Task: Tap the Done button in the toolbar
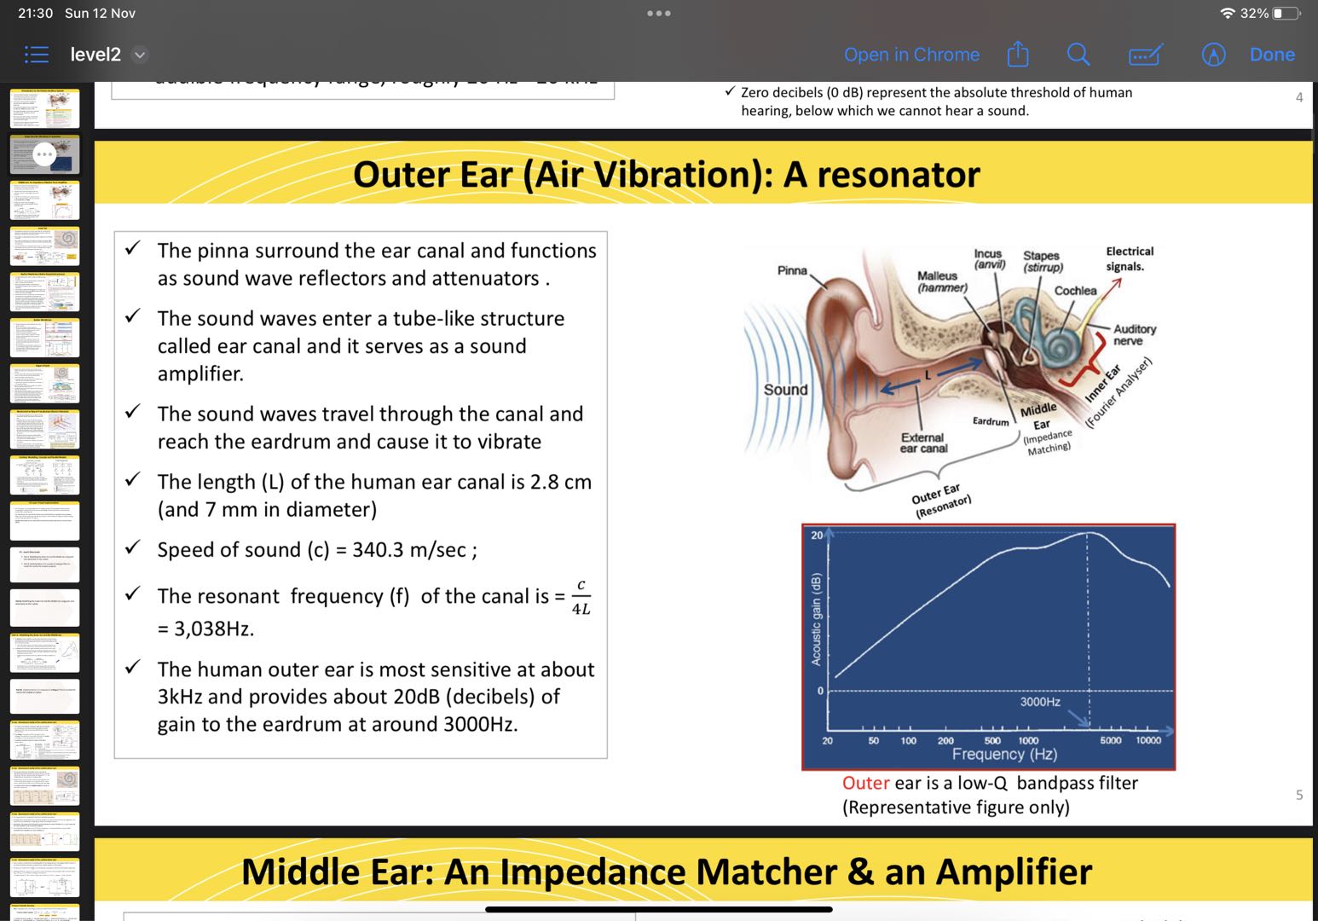click(1271, 55)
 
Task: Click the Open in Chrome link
click(911, 55)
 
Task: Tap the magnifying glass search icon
click(1078, 55)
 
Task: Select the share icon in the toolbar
click(1018, 55)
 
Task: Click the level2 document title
click(95, 55)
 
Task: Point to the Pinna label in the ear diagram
click(792, 270)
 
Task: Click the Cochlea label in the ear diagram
click(1075, 291)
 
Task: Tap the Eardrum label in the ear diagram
click(991, 421)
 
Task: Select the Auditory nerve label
click(1134, 334)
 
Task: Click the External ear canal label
click(923, 443)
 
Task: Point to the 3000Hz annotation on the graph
click(1040, 702)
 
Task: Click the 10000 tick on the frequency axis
click(1148, 740)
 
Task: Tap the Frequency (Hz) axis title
click(1004, 755)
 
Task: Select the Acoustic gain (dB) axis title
click(816, 618)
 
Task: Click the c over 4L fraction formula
click(581, 597)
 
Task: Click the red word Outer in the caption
click(865, 783)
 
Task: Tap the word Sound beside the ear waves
click(785, 390)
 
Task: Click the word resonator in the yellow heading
click(899, 175)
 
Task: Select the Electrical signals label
click(1129, 258)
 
